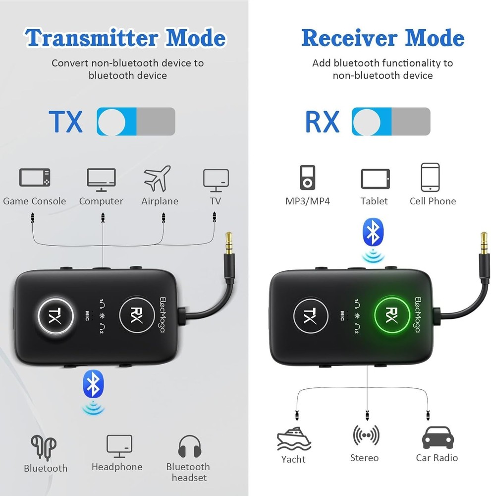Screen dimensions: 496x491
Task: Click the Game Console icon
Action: [x=35, y=179]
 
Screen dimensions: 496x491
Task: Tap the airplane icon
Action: [x=157, y=179]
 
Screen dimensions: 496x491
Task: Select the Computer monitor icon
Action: [x=101, y=180]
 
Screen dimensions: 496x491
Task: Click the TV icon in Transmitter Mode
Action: [x=216, y=180]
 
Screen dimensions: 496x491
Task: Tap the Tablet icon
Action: [x=375, y=179]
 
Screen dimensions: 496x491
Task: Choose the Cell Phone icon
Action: [x=430, y=177]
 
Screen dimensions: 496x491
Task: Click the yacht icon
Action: [x=293, y=437]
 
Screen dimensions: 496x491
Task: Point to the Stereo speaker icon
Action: [x=366, y=435]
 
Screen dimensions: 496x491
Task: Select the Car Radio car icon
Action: [x=436, y=437]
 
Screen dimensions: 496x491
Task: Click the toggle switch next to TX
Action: [x=136, y=122]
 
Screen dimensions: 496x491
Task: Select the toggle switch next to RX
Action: [x=390, y=122]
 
